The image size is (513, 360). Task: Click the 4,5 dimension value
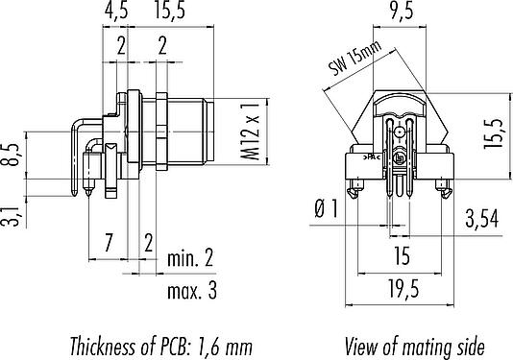[116, 11]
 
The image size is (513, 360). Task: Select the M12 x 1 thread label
[251, 131]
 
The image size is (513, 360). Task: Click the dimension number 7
[108, 242]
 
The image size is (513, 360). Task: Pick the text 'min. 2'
[190, 257]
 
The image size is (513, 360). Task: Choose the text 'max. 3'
[192, 290]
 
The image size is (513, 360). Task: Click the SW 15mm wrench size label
[354, 59]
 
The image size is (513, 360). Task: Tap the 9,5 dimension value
[403, 11]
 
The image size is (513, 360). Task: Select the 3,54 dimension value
[482, 219]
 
